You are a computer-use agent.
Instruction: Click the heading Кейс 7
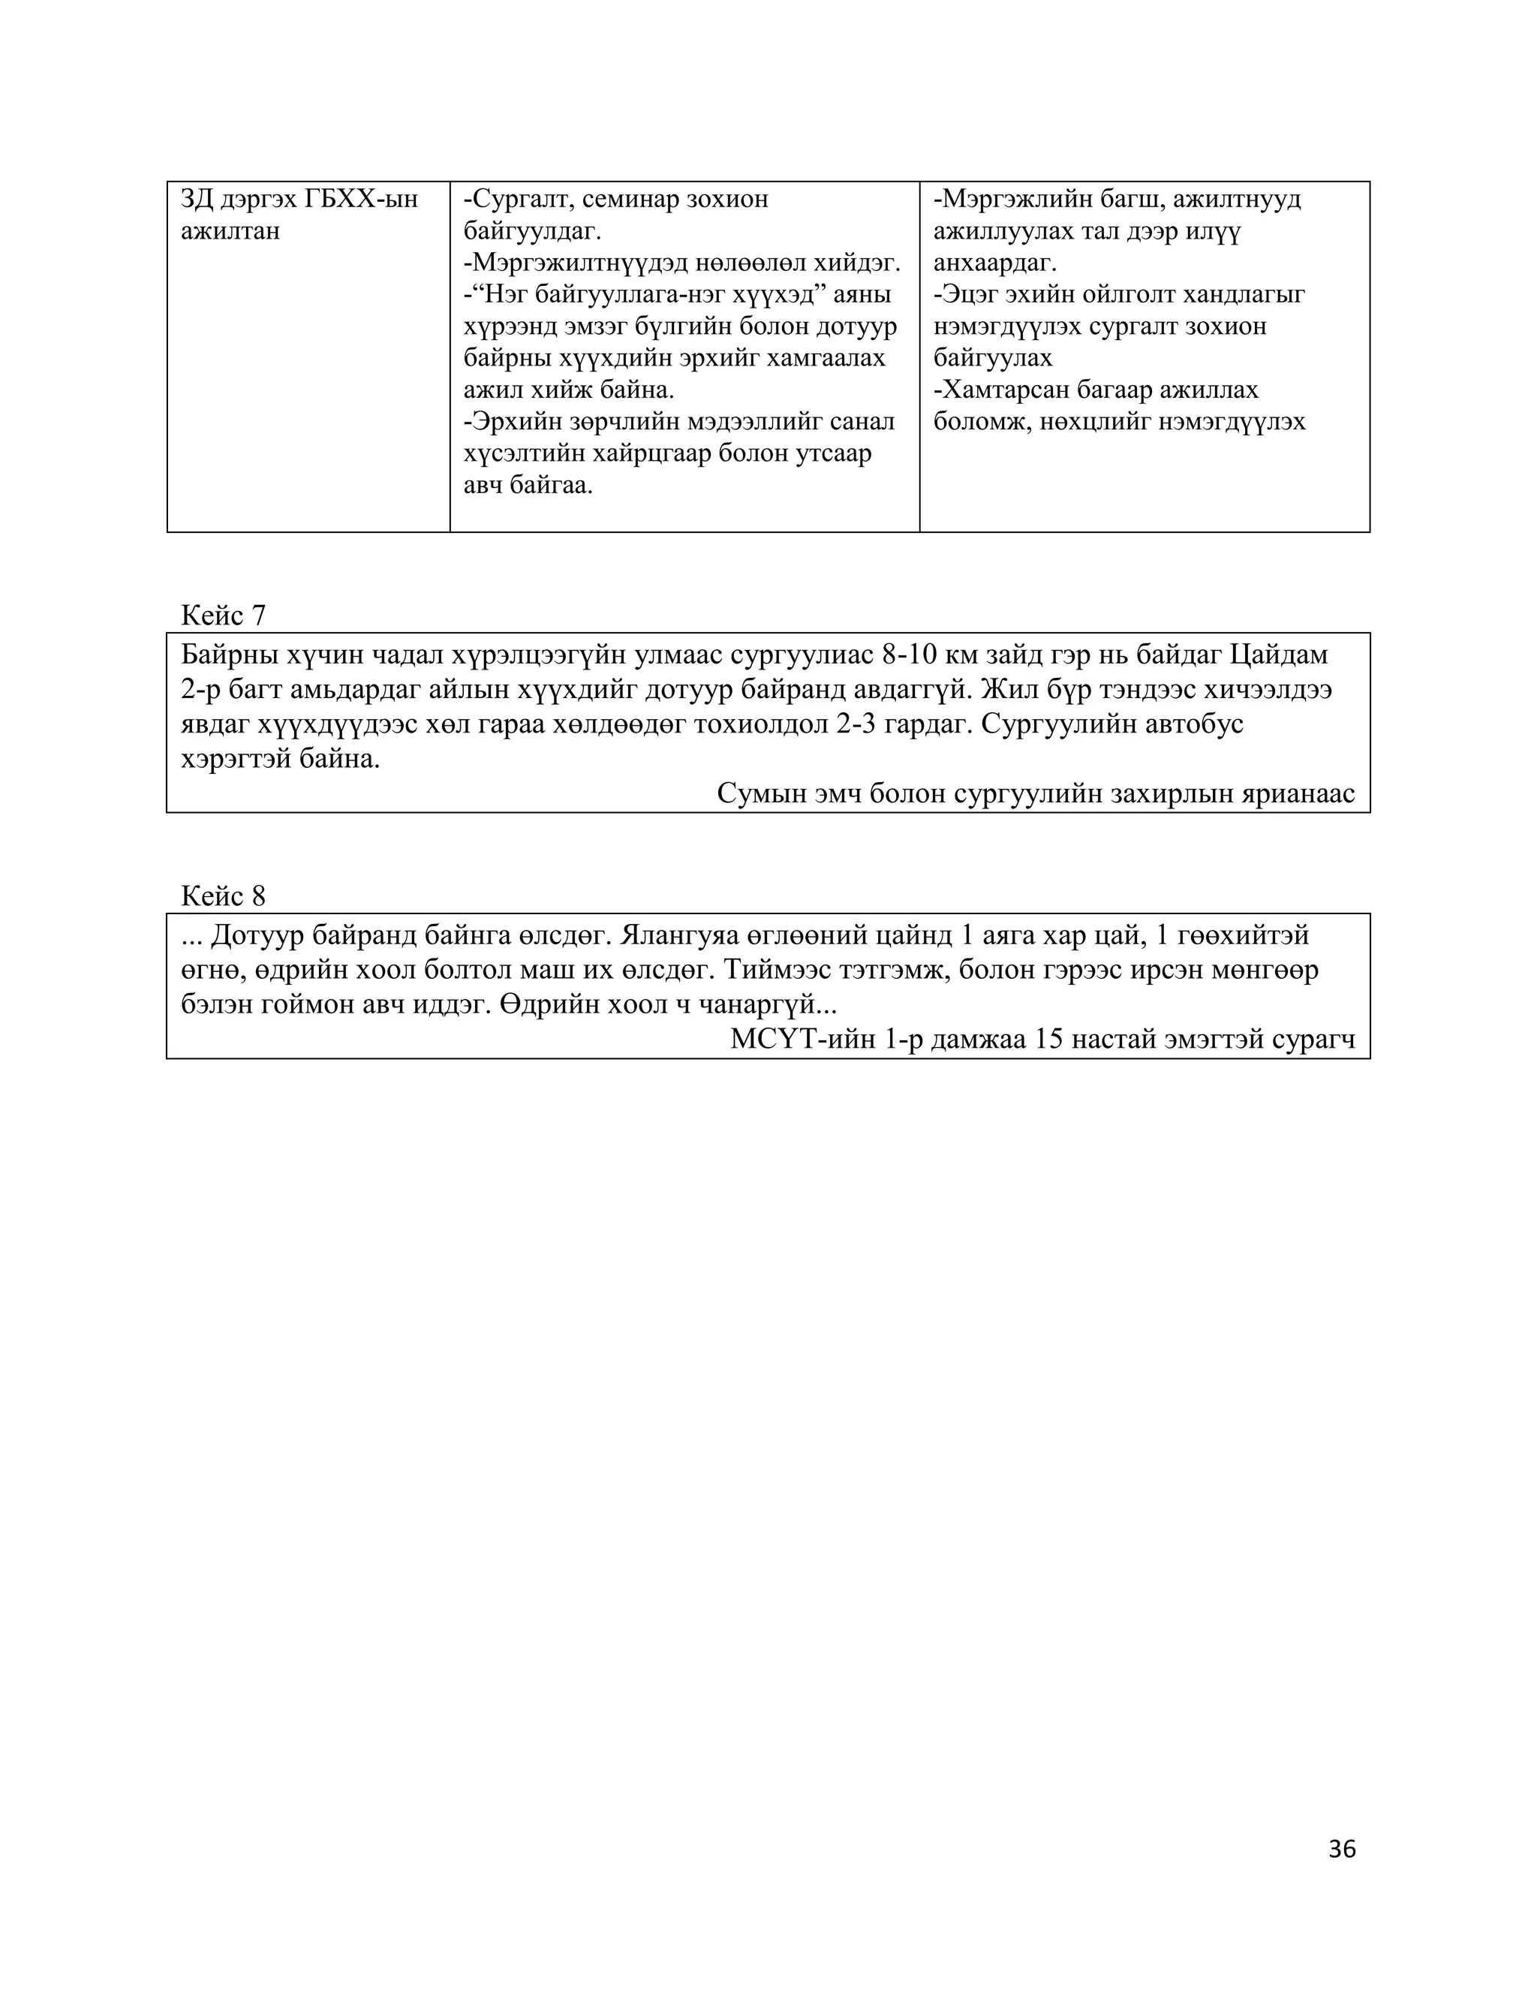(223, 615)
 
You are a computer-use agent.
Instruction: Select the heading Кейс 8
(223, 896)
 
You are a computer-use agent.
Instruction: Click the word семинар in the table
(629, 199)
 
